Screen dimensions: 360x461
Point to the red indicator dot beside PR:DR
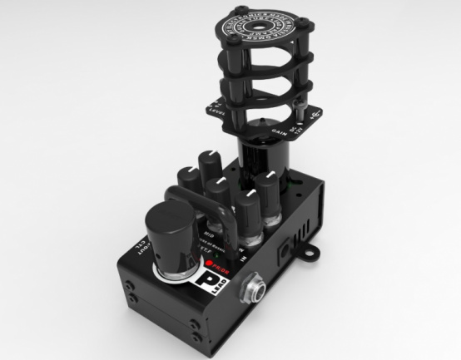pos(211,265)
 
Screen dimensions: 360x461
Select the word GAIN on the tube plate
pos(280,130)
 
